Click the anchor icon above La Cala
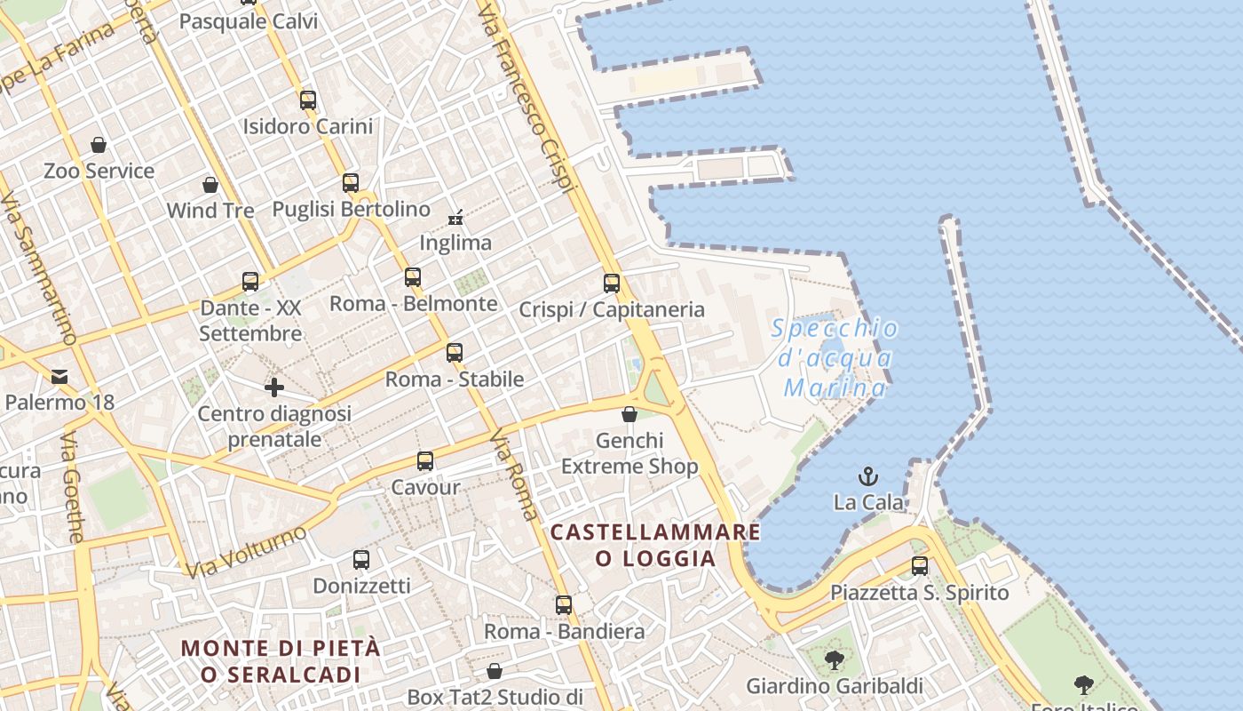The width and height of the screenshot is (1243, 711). point(867,476)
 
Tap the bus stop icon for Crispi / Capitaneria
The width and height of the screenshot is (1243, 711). point(612,284)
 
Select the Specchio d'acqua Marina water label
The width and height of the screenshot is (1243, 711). point(834,358)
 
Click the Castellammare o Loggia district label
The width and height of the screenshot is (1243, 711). point(655,545)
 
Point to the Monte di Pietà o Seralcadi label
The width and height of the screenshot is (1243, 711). point(281,660)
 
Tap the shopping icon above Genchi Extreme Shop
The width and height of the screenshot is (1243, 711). point(629,414)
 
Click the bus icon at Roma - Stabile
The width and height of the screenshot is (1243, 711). point(455,353)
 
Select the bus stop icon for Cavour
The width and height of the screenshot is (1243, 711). point(425,461)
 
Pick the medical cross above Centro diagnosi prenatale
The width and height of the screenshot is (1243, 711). point(274,387)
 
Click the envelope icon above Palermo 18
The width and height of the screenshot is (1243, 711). point(59,377)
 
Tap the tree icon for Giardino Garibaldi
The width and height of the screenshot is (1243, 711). point(834,660)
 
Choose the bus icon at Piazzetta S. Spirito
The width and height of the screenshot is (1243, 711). point(920,566)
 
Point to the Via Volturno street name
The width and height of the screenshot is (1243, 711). point(247,551)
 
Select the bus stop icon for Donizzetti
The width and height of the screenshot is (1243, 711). point(361,560)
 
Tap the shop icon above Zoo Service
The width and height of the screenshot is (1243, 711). point(99,145)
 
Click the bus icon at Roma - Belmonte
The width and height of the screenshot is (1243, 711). point(413,277)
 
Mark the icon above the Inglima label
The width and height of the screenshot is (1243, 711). point(455,217)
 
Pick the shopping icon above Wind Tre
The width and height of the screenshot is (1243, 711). point(210,185)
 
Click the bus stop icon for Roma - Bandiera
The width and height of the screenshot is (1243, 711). point(564,605)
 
